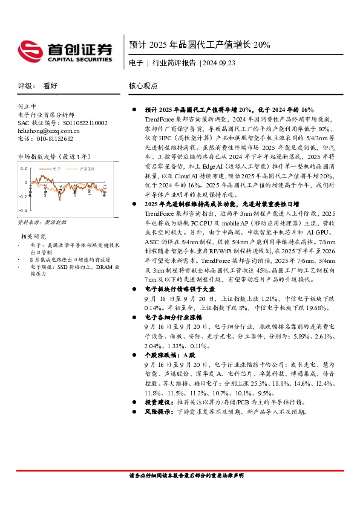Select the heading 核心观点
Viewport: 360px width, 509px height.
point(143,86)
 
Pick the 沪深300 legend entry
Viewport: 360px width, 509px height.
point(87,170)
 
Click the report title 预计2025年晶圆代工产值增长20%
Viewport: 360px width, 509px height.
point(200,45)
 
